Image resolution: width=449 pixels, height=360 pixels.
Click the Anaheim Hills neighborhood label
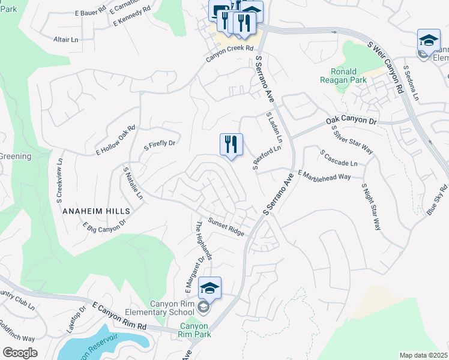96,211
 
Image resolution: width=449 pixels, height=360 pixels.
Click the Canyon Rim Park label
195,331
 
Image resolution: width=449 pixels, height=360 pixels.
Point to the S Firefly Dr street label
159,144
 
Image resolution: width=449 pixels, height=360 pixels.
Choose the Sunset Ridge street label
226,227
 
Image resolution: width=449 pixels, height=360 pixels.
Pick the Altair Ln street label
66,40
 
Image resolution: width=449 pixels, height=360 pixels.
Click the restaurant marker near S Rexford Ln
231,145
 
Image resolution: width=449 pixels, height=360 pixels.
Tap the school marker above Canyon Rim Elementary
210,288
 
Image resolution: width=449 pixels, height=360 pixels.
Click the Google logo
20,353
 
